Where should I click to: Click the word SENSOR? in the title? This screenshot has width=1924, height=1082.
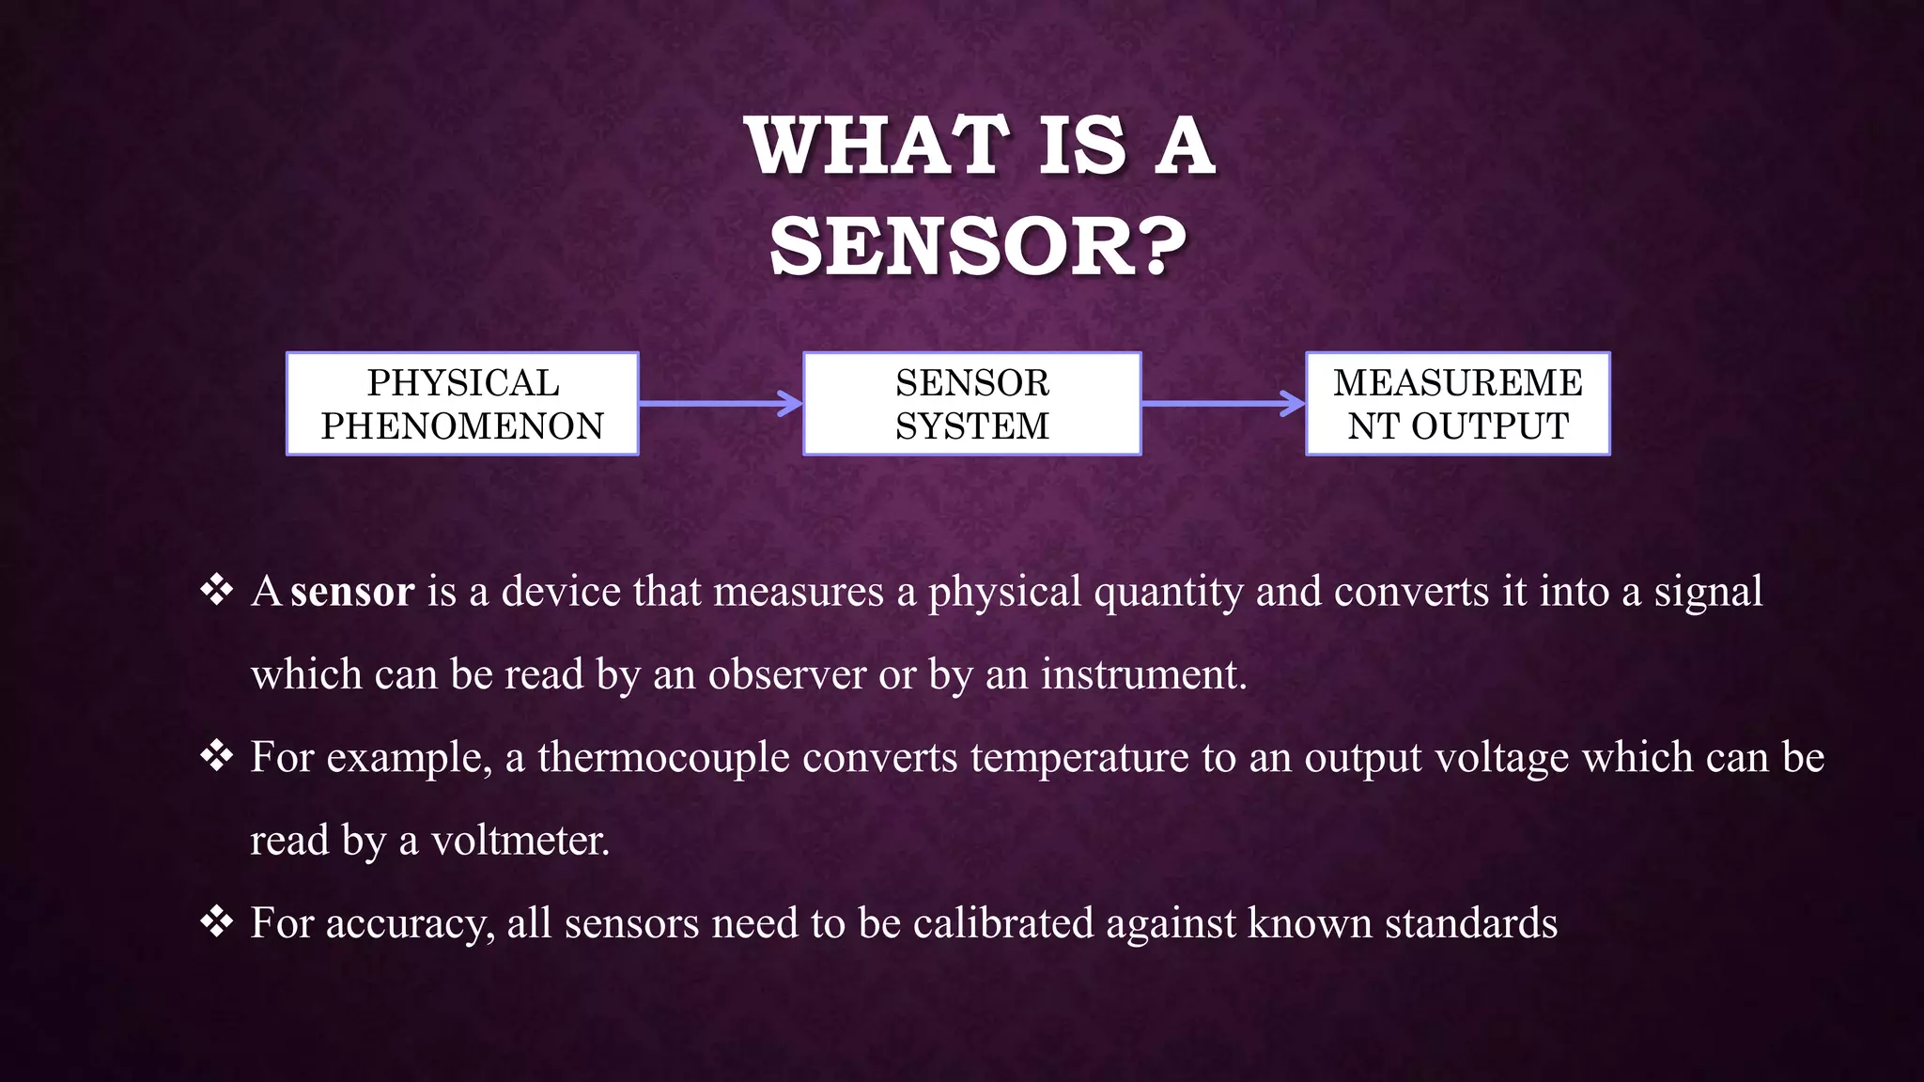[x=977, y=247]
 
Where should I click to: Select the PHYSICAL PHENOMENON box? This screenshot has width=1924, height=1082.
[x=462, y=404]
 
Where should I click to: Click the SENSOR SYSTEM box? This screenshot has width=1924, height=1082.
[x=971, y=404]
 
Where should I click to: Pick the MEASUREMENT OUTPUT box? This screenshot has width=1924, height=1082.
[x=1457, y=404]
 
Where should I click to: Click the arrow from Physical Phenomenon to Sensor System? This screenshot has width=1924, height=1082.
[x=720, y=404]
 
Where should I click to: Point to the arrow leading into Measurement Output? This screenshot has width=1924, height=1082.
[x=1222, y=404]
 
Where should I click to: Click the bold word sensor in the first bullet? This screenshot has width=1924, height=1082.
[x=352, y=592]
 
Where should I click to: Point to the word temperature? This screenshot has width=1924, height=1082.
[x=1079, y=757]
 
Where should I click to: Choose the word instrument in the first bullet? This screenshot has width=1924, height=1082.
[x=1143, y=674]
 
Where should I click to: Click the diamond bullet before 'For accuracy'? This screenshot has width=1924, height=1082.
[x=217, y=922]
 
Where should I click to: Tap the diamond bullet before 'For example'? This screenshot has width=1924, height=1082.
[x=217, y=756]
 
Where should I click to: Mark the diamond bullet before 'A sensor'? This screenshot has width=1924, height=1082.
[x=217, y=591]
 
